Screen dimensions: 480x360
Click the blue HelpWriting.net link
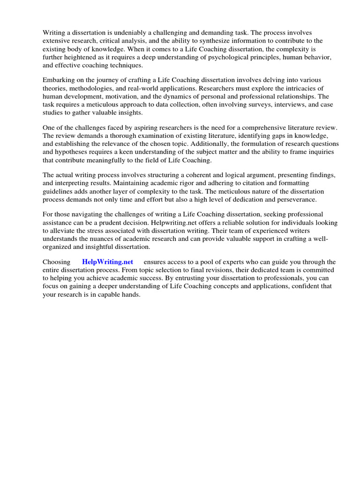pyautogui.click(x=107, y=262)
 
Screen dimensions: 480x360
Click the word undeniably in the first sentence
pyautogui.click(x=130, y=33)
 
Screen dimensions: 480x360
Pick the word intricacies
pyautogui.click(x=286, y=88)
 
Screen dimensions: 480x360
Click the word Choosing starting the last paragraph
pyautogui.click(x=56, y=262)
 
